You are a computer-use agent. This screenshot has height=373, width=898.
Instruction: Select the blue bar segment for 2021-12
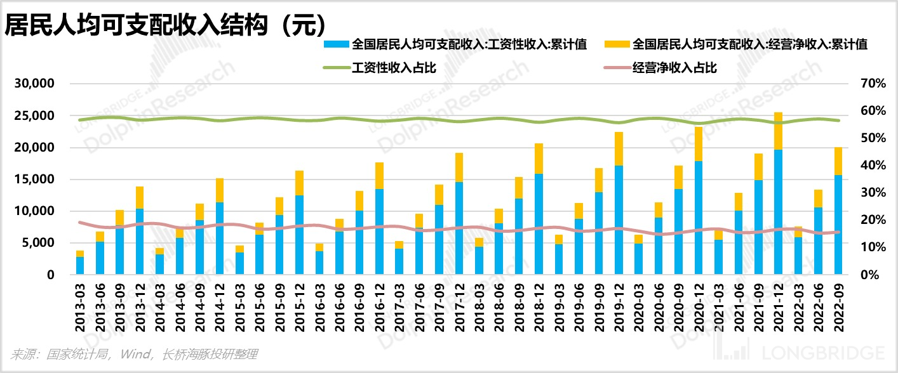(x=777, y=212)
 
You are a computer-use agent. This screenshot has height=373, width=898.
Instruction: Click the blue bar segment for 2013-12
(x=140, y=242)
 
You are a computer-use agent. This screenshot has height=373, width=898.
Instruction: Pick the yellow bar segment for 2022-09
(x=838, y=161)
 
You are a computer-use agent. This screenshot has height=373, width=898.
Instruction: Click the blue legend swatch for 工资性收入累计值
(x=336, y=44)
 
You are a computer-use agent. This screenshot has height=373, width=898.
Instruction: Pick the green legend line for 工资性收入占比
(x=336, y=67)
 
